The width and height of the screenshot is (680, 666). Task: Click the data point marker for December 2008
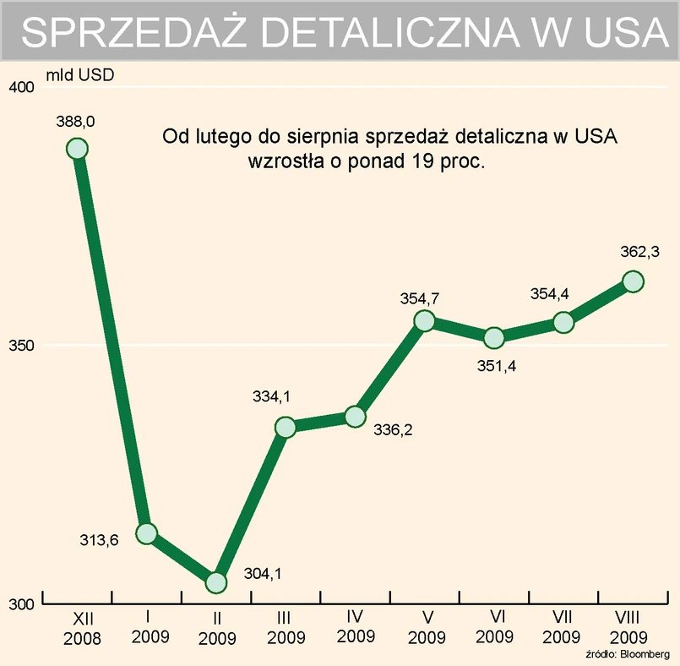pos(77,149)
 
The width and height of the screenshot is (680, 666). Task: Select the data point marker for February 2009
pos(216,582)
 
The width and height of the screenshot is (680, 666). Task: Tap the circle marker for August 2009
pos(634,281)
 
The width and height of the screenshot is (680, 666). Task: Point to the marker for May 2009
pos(425,320)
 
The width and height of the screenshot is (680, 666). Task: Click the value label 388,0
pos(77,123)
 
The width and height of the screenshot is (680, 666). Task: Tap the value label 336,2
pos(393,430)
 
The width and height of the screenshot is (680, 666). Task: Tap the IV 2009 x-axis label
pos(356,627)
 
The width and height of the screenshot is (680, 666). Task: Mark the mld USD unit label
pos(80,74)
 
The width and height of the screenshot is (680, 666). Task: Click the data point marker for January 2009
pos(147,533)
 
